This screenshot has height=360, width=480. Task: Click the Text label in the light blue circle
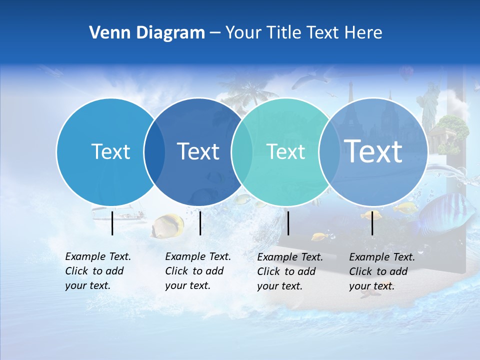[110, 151]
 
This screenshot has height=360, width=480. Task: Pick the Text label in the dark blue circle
[198, 151]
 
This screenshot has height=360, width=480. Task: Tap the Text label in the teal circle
[285, 151]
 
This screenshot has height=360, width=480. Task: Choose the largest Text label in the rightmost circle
[373, 151]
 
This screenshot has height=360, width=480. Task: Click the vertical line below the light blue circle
[112, 223]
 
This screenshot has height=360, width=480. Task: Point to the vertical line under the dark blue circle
[200, 223]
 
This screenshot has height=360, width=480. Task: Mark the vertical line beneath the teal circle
[288, 223]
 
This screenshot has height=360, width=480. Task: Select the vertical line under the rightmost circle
[372, 223]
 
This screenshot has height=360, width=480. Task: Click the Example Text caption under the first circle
[98, 271]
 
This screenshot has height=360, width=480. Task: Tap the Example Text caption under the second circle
[198, 271]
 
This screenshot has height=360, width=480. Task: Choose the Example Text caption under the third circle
[290, 271]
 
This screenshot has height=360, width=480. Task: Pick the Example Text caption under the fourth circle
[382, 271]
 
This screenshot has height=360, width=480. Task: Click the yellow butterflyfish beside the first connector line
[168, 225]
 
